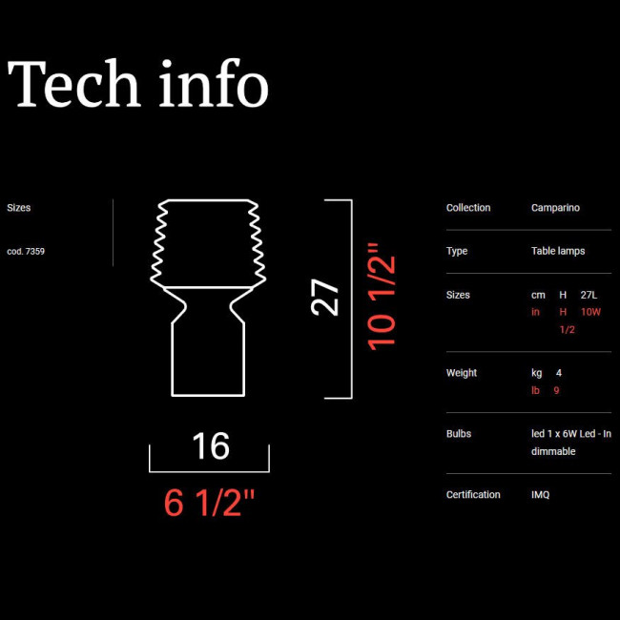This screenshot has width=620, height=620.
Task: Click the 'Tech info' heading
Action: pyautogui.click(x=138, y=83)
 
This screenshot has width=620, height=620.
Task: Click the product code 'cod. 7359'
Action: pyautogui.click(x=26, y=252)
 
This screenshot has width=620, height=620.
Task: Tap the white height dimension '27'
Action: pyautogui.click(x=325, y=298)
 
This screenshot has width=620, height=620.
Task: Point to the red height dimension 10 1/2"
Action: pyautogui.click(x=382, y=297)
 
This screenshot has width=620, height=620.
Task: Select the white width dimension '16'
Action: pyautogui.click(x=211, y=446)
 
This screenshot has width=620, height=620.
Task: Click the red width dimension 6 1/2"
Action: pyautogui.click(x=209, y=503)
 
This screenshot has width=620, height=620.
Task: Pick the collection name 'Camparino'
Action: pyautogui.click(x=555, y=208)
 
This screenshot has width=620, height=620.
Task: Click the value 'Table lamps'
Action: pyautogui.click(x=558, y=251)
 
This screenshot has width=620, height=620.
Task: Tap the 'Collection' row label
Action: pyautogui.click(x=468, y=208)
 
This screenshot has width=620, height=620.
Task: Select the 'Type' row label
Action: pyautogui.click(x=457, y=252)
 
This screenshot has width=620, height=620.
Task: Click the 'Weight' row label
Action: pyautogui.click(x=462, y=373)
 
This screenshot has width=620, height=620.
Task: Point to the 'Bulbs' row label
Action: pyautogui.click(x=459, y=434)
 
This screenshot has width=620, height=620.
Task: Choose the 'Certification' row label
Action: pyautogui.click(x=473, y=495)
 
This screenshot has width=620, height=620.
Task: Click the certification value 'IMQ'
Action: pyautogui.click(x=541, y=495)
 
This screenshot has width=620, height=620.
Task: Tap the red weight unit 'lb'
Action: pyautogui.click(x=535, y=391)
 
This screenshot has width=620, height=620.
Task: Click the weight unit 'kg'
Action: pyautogui.click(x=537, y=373)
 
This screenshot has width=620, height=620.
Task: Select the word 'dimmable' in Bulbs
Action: pyautogui.click(x=553, y=451)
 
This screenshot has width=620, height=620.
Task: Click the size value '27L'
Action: pyautogui.click(x=589, y=295)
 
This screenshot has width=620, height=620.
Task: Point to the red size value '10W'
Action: pyautogui.click(x=590, y=312)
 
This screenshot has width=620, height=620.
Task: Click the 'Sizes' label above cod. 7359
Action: pyautogui.click(x=18, y=208)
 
